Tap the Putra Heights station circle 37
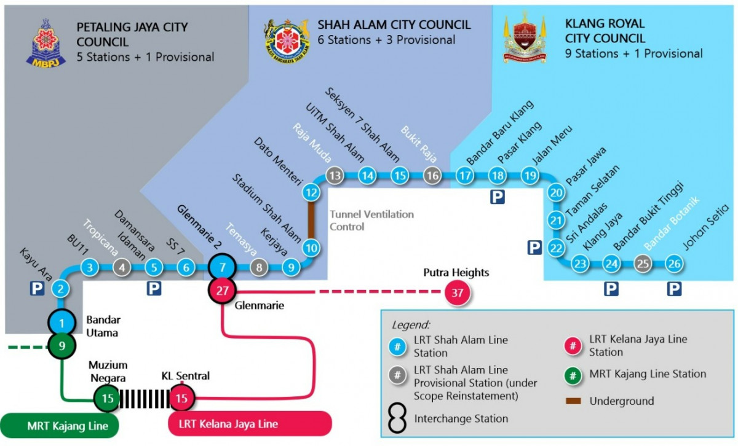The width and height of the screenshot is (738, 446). [457, 293]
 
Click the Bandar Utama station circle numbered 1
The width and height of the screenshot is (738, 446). [61, 322]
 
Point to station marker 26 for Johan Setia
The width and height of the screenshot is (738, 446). [675, 264]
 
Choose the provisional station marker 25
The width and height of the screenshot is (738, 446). [643, 264]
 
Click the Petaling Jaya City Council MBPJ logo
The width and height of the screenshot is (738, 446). [46, 42]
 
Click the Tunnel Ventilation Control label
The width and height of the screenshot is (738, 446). [371, 221]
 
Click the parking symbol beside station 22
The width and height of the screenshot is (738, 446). [534, 248]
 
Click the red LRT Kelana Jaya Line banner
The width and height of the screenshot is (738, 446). [250, 424]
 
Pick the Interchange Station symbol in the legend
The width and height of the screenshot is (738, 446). [399, 419]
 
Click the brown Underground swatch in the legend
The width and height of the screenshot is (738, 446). [574, 401]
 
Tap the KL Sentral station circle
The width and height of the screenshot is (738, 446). [181, 399]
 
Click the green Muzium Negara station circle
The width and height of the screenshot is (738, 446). [108, 399]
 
